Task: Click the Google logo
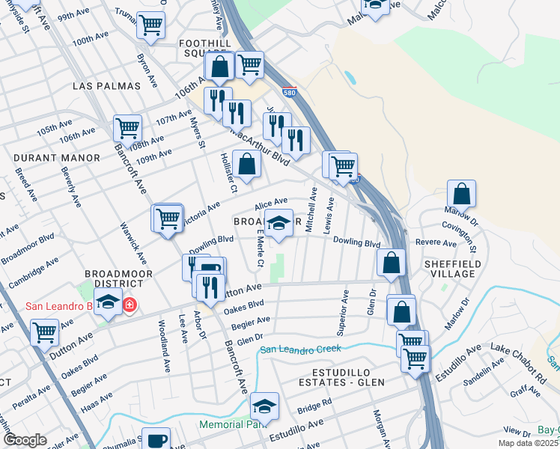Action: pyautogui.click(x=25, y=439)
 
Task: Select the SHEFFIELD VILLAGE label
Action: pyautogui.click(x=450, y=269)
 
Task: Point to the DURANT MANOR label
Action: pyautogui.click(x=57, y=158)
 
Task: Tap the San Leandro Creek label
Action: pyautogui.click(x=300, y=349)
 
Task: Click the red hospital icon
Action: pyautogui.click(x=130, y=305)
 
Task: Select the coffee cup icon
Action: pyautogui.click(x=156, y=439)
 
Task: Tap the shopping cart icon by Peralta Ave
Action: pyautogui.click(x=45, y=331)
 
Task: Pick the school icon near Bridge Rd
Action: pyautogui.click(x=264, y=405)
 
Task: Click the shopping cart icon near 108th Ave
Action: pyautogui.click(x=128, y=128)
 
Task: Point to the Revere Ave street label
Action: pyautogui.click(x=436, y=243)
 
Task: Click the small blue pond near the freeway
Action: pyautogui.click(x=350, y=77)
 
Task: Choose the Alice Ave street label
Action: pyautogui.click(x=271, y=202)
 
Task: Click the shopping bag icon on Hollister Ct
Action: pyautogui.click(x=246, y=164)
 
